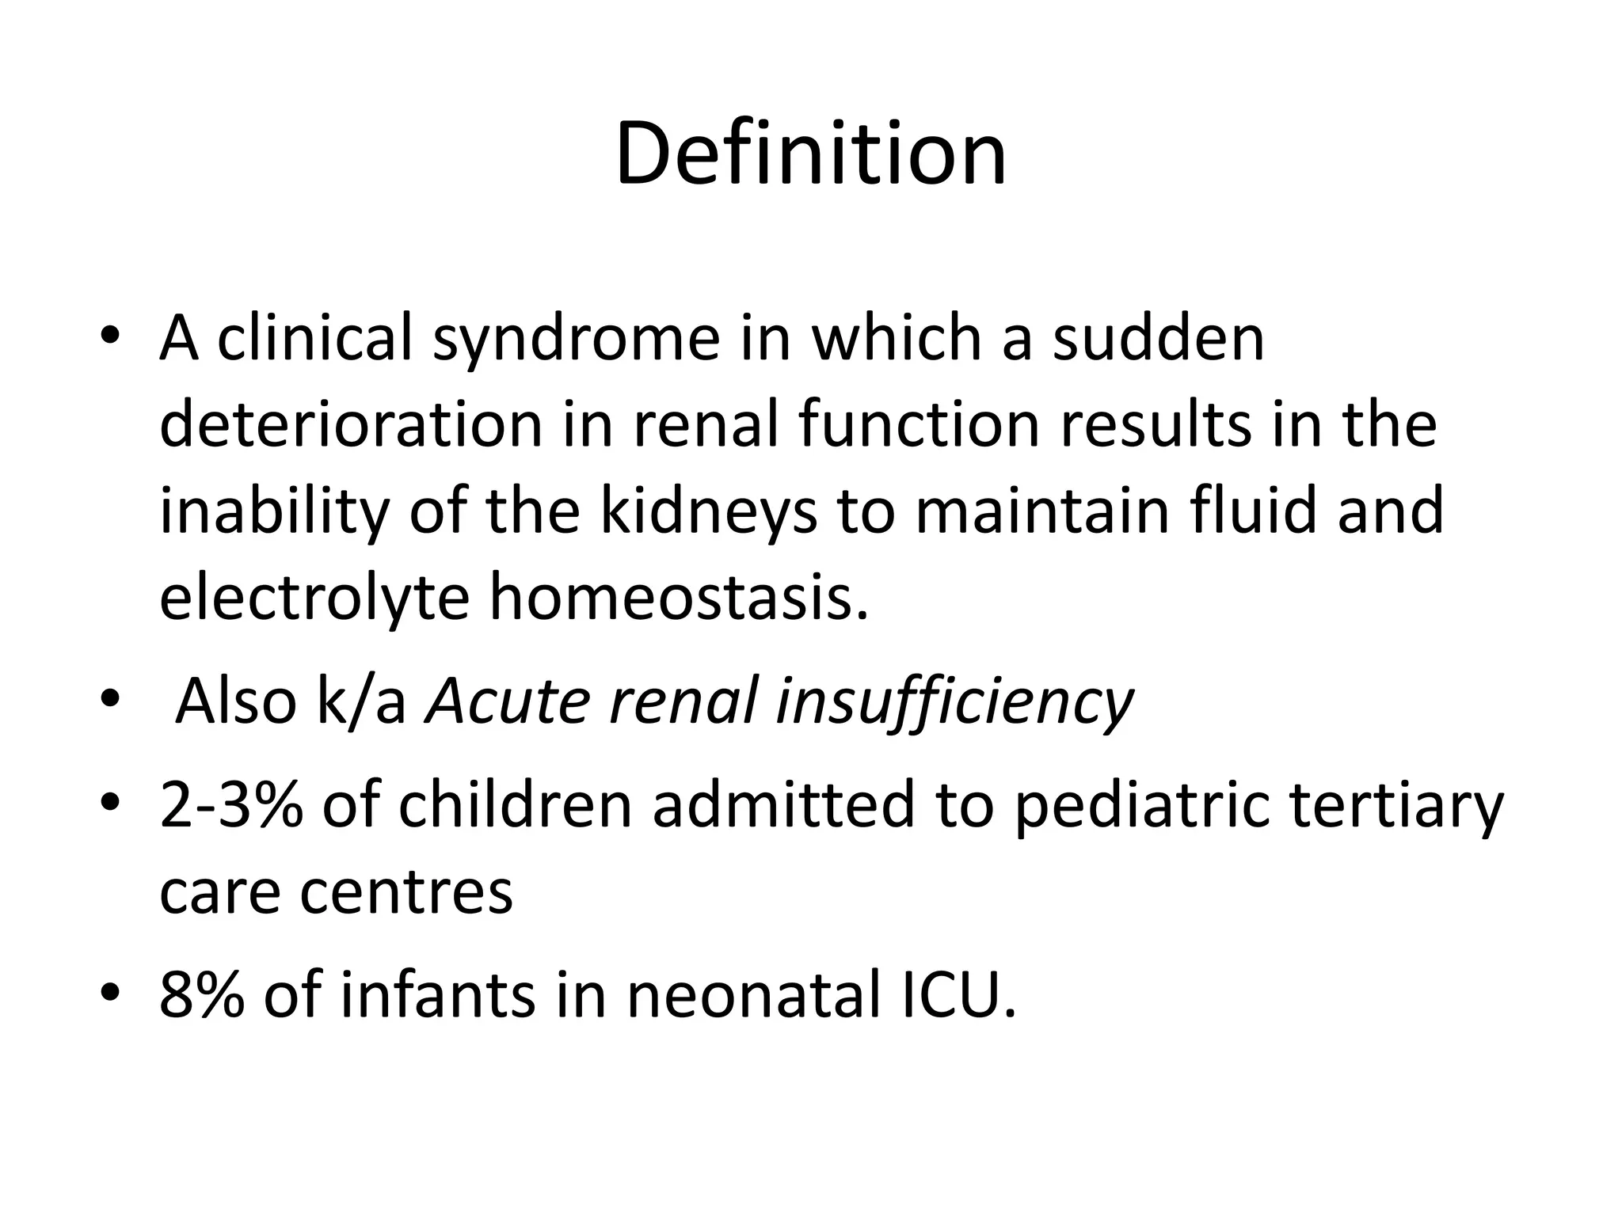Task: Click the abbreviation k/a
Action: click(x=362, y=701)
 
